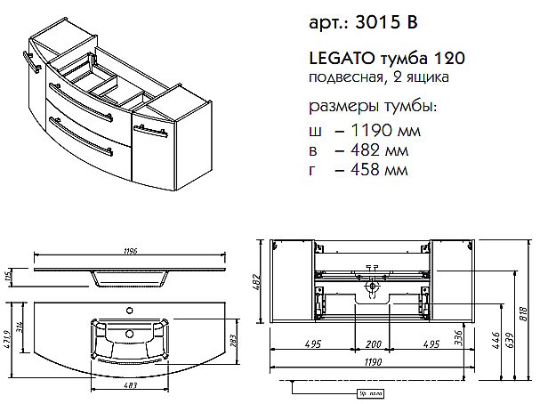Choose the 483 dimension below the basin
coord(129,384)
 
